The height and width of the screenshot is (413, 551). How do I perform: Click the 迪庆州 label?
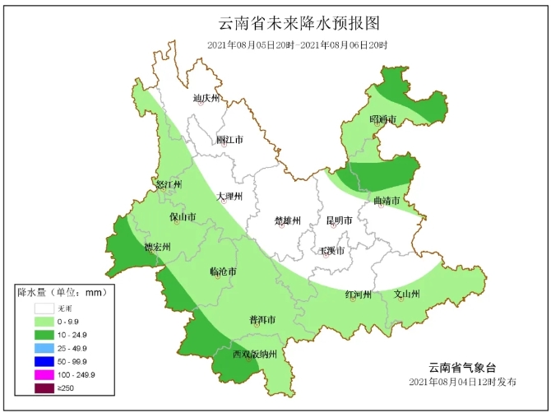pos(206,99)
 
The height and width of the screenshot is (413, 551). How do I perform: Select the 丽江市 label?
pos(229,140)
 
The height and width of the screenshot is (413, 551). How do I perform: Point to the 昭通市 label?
pos(382,120)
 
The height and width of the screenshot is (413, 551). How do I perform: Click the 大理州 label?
pos(229,197)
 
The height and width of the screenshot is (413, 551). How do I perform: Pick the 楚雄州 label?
pos(287,220)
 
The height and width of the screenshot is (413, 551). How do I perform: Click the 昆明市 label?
pos(339,220)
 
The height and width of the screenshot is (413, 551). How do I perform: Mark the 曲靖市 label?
pos(386,201)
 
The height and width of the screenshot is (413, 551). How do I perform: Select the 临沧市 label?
pos(223,271)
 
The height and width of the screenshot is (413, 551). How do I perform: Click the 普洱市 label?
pos(262,319)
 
